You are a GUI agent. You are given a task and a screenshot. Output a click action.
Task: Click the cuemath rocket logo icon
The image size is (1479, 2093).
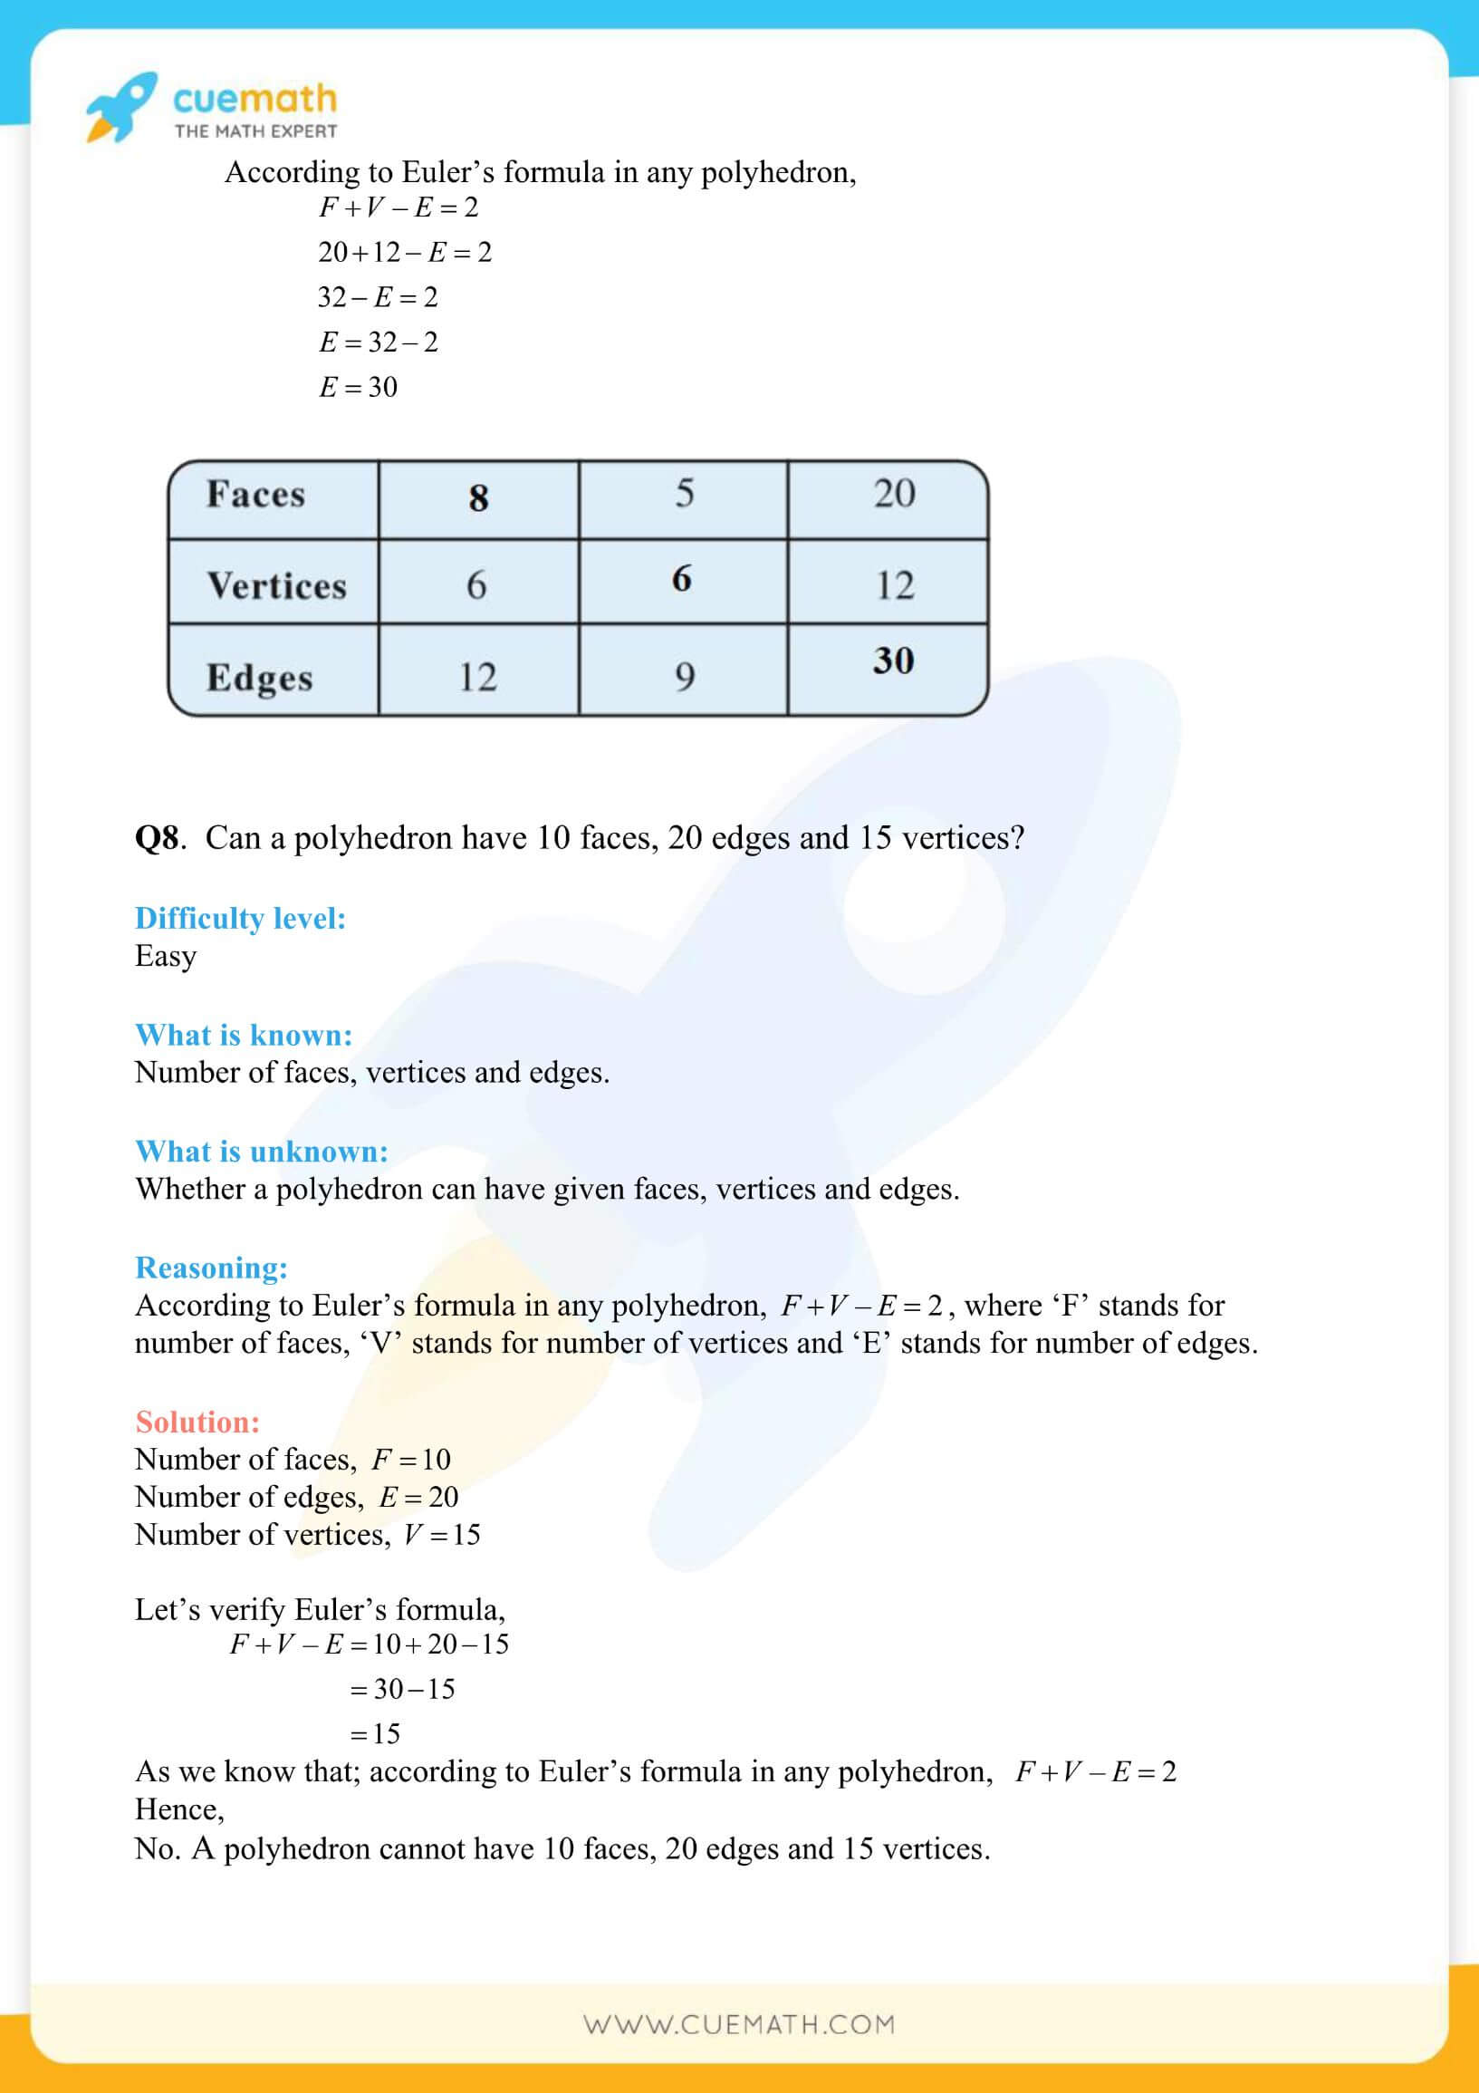(x=120, y=108)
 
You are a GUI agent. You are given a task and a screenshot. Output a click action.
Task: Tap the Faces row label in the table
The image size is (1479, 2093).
(x=255, y=494)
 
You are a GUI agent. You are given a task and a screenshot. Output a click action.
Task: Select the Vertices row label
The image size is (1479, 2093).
(x=276, y=585)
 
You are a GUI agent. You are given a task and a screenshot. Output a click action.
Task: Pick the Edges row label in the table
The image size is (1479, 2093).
(x=259, y=678)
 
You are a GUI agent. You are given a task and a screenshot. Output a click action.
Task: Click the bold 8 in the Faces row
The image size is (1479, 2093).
(x=478, y=497)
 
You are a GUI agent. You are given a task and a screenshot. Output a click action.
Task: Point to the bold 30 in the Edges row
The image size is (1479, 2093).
(x=893, y=661)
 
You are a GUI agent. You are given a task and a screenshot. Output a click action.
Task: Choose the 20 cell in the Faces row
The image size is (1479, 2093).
(x=894, y=493)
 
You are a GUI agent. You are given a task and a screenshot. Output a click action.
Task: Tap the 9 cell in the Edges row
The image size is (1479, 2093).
(x=685, y=677)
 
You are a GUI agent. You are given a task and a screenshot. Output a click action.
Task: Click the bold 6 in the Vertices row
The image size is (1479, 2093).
(x=682, y=578)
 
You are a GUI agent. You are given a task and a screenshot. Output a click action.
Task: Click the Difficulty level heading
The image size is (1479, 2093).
(x=241, y=918)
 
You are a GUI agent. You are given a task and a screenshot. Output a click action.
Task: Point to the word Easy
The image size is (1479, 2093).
(x=166, y=955)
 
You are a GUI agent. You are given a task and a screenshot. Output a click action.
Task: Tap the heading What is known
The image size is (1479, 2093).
(x=244, y=1035)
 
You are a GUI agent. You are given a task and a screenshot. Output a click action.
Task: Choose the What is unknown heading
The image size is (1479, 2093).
(x=262, y=1152)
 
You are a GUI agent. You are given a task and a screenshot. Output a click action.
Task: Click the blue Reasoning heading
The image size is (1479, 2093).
(x=211, y=1267)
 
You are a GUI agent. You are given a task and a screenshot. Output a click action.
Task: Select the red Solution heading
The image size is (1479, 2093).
(x=197, y=1422)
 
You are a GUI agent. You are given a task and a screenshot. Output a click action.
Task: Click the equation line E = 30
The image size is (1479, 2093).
(x=358, y=388)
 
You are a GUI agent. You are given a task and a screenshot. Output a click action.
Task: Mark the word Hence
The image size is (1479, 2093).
(x=179, y=1809)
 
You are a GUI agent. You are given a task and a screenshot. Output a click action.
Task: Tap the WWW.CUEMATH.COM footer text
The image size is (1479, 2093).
(x=739, y=2025)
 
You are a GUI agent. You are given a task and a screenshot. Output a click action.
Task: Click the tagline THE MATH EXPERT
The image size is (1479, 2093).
(x=255, y=131)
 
